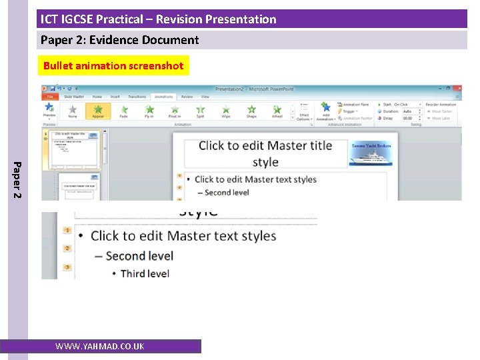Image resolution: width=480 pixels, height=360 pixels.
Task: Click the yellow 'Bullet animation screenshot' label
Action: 113,65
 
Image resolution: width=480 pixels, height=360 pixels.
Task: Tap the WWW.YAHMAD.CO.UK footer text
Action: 99,346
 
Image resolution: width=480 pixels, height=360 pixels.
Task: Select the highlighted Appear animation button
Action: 98,110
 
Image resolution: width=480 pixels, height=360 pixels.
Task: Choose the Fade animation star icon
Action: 123,110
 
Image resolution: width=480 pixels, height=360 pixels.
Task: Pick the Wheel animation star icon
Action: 277,110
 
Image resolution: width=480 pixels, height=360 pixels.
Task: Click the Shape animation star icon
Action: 251,110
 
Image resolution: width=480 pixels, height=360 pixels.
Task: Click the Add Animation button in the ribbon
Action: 325,111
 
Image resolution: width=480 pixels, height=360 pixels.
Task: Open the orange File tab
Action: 49,97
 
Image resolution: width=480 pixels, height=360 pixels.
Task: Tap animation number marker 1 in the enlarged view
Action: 67,231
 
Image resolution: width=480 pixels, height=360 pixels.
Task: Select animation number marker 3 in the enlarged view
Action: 67,267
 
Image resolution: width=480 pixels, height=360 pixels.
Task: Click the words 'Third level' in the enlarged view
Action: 145,273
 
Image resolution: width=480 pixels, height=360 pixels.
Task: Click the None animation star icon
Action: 73,110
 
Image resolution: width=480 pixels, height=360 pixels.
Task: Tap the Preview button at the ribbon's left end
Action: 49,110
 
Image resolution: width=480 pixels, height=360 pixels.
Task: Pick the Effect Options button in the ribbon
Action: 304,111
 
